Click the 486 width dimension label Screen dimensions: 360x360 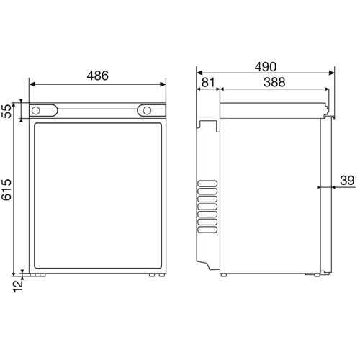click(x=98, y=76)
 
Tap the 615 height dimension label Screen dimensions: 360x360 click(x=6, y=189)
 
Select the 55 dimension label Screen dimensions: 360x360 click(x=7, y=111)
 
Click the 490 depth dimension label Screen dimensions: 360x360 click(x=266, y=67)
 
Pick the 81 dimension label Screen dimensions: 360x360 click(x=208, y=82)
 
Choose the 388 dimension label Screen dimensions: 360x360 click(x=274, y=82)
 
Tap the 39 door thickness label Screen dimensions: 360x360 click(x=347, y=181)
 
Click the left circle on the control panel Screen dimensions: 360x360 click(x=36, y=111)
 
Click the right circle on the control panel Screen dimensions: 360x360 click(x=147, y=111)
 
